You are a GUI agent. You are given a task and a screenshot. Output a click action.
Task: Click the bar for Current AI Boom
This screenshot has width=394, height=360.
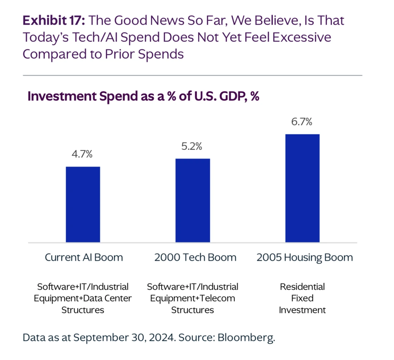[x=83, y=204]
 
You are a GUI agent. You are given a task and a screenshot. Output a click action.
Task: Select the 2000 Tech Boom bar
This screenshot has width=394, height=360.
[x=193, y=200]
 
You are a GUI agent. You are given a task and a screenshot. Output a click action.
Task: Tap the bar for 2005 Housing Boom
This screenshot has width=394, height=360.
[x=302, y=188]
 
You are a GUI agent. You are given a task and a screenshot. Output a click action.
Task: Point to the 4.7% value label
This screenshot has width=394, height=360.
[x=82, y=154]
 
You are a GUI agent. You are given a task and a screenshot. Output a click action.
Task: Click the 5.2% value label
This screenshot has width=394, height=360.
[x=192, y=146]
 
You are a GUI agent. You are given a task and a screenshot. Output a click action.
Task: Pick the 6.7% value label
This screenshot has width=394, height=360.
[x=302, y=122]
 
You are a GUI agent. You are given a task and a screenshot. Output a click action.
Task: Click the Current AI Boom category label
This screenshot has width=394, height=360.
[x=84, y=258]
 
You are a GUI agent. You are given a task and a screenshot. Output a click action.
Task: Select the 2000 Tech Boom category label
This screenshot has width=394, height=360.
[x=195, y=258]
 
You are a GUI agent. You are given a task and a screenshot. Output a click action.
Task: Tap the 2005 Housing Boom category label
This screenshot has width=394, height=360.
[x=305, y=258]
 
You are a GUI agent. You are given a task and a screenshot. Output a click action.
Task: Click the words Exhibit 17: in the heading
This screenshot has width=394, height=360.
[x=54, y=20]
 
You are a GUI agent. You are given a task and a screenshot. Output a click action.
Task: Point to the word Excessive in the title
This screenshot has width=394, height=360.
[x=302, y=37]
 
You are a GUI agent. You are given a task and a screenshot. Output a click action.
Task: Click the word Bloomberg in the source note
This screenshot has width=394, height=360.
[x=246, y=338]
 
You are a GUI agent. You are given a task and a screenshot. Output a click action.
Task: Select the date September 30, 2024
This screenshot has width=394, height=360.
[x=125, y=338]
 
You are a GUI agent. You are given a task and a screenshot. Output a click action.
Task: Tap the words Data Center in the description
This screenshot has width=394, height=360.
[x=107, y=298]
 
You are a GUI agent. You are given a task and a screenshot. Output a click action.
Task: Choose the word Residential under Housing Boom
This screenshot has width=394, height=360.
[x=302, y=287]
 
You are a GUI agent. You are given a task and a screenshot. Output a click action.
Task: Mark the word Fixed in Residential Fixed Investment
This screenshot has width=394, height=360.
[x=302, y=298]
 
